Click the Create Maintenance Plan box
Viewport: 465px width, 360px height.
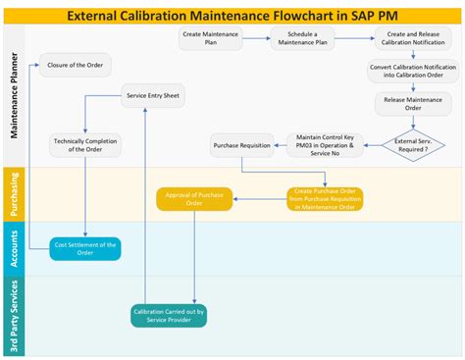click(x=209, y=39)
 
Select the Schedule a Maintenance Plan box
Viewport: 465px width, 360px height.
click(x=302, y=39)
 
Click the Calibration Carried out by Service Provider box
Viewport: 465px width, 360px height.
click(x=169, y=316)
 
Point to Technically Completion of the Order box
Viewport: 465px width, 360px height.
click(x=84, y=145)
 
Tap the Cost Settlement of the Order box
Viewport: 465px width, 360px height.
click(x=85, y=249)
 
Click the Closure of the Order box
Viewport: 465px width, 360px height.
click(x=75, y=66)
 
